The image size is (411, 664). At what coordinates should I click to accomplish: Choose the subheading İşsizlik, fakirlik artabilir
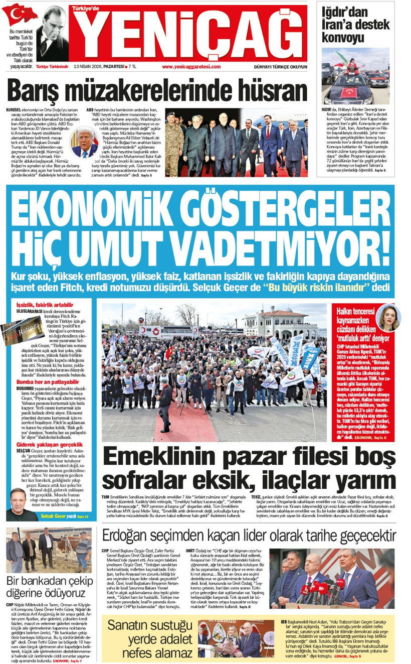point(45,305)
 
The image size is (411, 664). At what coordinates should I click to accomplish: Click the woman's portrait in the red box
point(388,318)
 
